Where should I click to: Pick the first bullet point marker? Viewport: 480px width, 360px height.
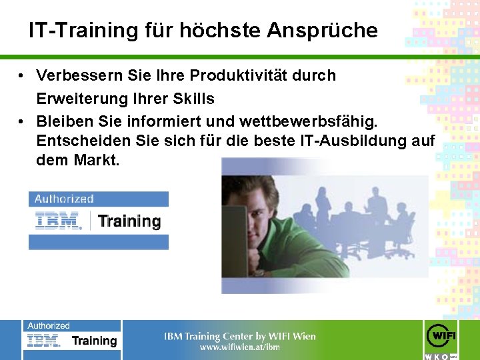[23, 76]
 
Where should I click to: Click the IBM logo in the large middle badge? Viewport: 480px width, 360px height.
[58, 221]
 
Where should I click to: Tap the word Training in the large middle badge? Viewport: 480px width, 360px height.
[129, 221]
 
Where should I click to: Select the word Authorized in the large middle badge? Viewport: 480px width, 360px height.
[64, 199]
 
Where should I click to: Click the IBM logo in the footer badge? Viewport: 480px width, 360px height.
[44, 341]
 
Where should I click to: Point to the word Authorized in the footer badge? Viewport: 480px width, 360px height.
[49, 326]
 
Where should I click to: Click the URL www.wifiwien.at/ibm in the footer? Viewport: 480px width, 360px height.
[240, 347]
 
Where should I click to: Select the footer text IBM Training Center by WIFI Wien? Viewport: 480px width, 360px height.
[240, 336]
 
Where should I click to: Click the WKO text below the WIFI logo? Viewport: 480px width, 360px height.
[437, 357]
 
